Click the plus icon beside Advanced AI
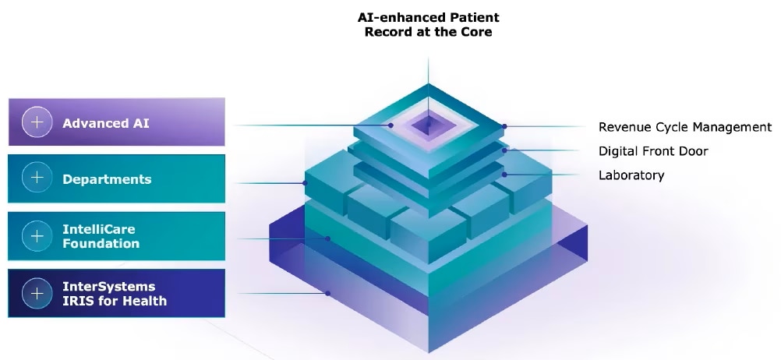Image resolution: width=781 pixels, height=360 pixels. tap(37, 122)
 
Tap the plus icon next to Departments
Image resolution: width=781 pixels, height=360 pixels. tap(37, 178)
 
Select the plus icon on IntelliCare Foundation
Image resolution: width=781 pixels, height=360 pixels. tap(37, 235)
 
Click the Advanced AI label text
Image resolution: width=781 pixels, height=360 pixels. tap(105, 123)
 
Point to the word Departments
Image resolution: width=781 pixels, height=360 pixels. tap(107, 179)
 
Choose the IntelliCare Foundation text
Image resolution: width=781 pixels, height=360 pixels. tap(101, 237)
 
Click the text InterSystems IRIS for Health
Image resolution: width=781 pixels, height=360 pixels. tap(114, 294)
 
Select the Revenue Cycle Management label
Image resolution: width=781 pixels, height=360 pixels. tap(685, 128)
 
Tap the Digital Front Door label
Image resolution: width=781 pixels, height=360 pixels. tap(653, 151)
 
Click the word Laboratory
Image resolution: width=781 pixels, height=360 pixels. tap(631, 175)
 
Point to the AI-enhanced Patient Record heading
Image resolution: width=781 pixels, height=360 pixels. tap(429, 25)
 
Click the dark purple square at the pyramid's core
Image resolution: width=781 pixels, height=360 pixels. tap(428, 125)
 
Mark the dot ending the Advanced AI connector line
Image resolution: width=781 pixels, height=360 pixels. tap(391, 125)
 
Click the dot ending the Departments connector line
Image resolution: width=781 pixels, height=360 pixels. tap(306, 183)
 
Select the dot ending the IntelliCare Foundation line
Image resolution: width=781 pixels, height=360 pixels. tap(327, 238)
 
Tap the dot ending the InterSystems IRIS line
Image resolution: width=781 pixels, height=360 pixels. tap(327, 293)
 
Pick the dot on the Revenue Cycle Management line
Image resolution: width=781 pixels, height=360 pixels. tap(504, 126)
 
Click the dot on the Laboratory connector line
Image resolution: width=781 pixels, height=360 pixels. tap(504, 175)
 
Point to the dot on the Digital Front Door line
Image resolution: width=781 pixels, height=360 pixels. tap(504, 150)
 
